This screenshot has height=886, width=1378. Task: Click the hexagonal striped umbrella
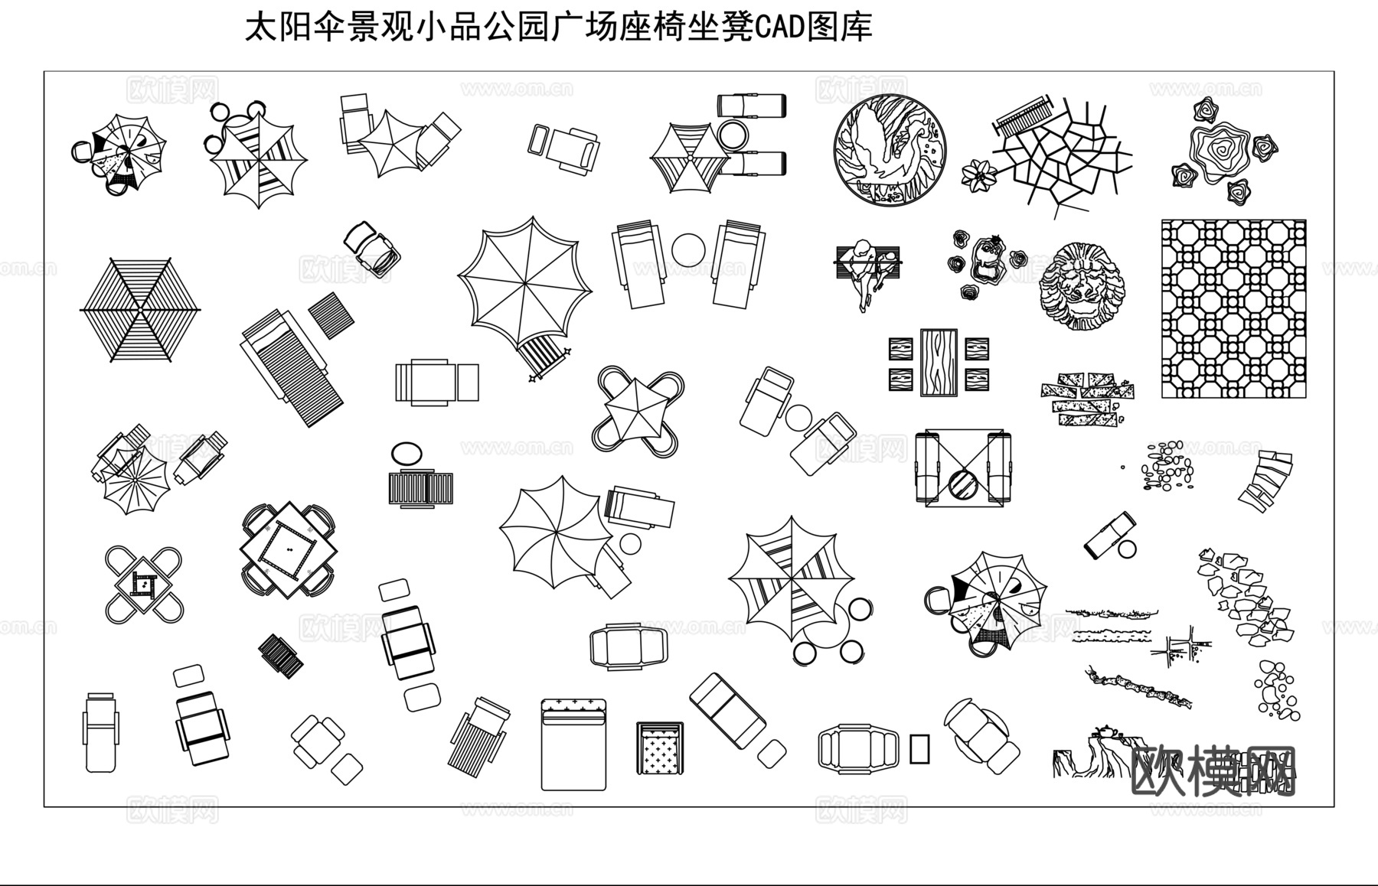pyautogui.click(x=140, y=309)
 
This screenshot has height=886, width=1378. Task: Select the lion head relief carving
pyautogui.click(x=1082, y=285)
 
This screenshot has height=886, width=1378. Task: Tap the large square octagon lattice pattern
pyautogui.click(x=1233, y=308)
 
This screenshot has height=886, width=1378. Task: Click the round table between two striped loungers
pyautogui.click(x=687, y=251)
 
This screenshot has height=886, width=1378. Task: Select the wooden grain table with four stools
pyautogui.click(x=939, y=362)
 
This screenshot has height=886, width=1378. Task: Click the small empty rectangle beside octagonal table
pyautogui.click(x=919, y=748)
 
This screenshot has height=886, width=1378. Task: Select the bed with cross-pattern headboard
pyautogui.click(x=573, y=744)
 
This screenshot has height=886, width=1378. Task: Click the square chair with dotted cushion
pyautogui.click(x=659, y=749)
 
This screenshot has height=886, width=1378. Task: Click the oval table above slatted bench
pyautogui.click(x=406, y=453)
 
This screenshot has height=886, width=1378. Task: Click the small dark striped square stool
pyautogui.click(x=280, y=655)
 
